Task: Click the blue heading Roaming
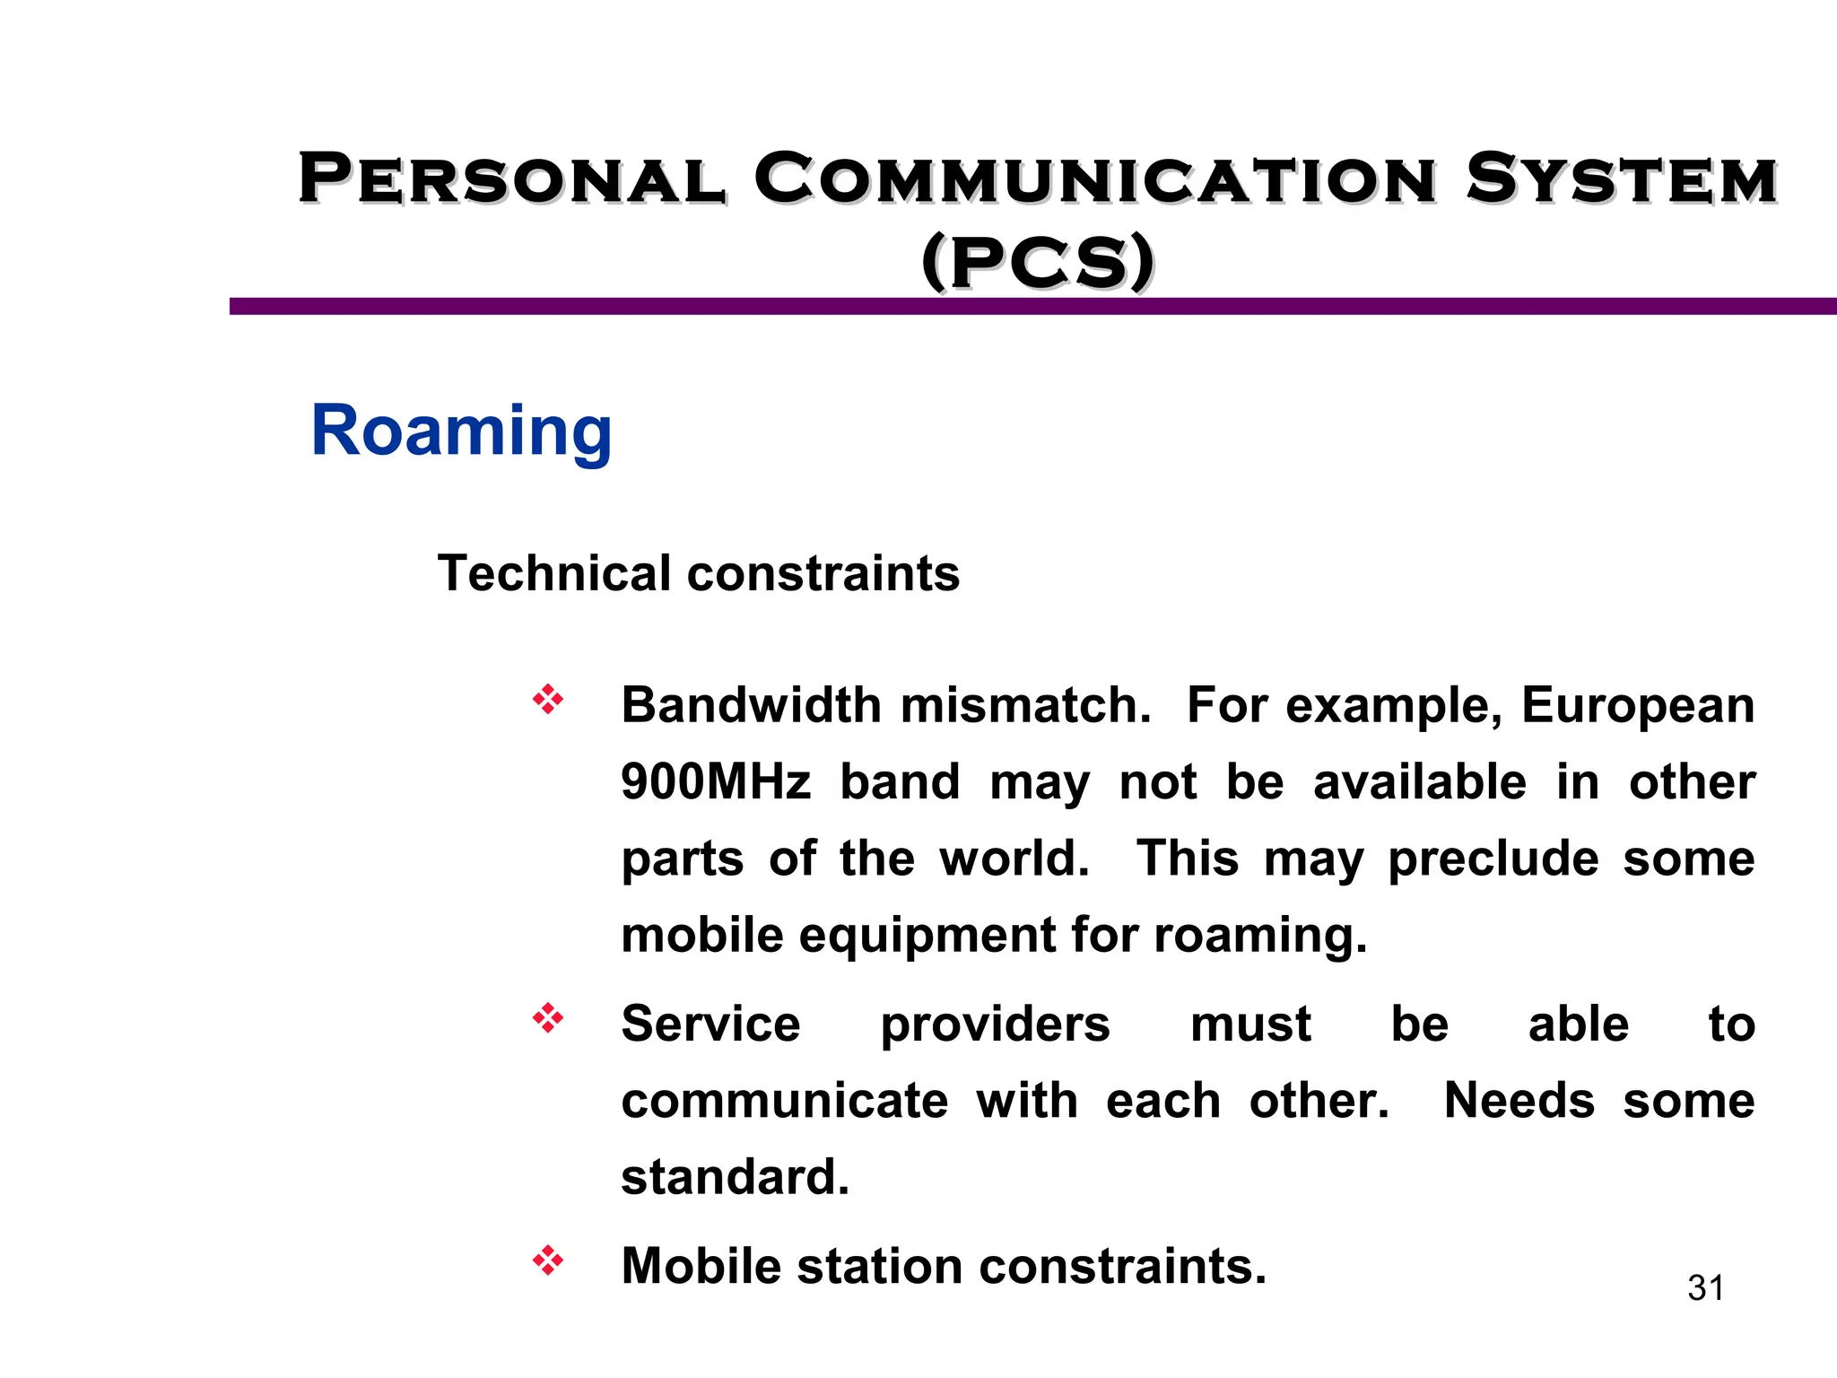coord(461,432)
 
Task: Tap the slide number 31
coord(1705,1288)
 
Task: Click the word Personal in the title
coord(511,179)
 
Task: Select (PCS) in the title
coord(1038,262)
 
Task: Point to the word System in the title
coord(1622,179)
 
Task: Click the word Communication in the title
coord(1095,179)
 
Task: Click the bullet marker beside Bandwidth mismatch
coord(547,700)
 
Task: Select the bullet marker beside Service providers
coord(547,1019)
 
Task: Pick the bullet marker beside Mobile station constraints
coord(547,1261)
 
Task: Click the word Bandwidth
coord(752,705)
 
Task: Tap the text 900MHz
coord(716,782)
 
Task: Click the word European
coord(1638,705)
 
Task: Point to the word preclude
coord(1493,859)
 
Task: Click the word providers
coord(995,1025)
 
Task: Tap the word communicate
coord(784,1101)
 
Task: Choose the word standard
coord(734,1177)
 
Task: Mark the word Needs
coord(1519,1101)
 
